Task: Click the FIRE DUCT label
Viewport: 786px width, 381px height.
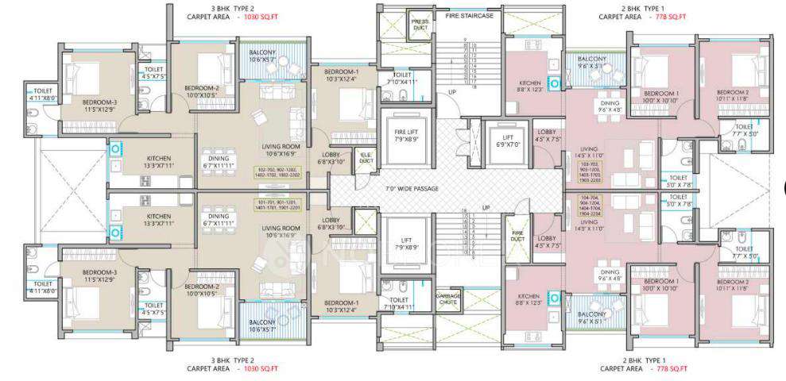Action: click(x=517, y=236)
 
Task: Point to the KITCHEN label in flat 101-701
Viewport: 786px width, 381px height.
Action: click(x=158, y=220)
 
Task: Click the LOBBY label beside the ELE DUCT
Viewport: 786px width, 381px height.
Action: click(x=332, y=158)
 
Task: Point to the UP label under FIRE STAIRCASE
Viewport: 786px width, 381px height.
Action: click(x=452, y=92)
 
